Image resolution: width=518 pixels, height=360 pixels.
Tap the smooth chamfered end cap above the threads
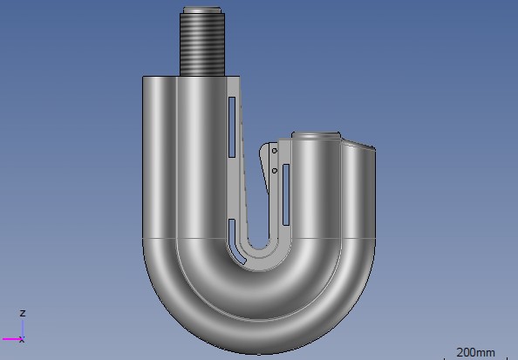coord(201,10)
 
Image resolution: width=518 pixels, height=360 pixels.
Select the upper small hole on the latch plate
coord(274,151)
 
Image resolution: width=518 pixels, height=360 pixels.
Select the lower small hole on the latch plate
coord(274,171)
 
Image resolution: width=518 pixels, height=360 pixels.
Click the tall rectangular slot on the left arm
coord(232,127)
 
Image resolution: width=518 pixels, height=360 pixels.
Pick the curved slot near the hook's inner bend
coord(235,241)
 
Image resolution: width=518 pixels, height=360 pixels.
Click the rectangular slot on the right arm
coord(286,195)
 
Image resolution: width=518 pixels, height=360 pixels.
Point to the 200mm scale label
coord(475,352)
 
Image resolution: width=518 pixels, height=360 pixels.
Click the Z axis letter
coord(23,313)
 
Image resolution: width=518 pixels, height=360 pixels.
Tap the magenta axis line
coord(12,339)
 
